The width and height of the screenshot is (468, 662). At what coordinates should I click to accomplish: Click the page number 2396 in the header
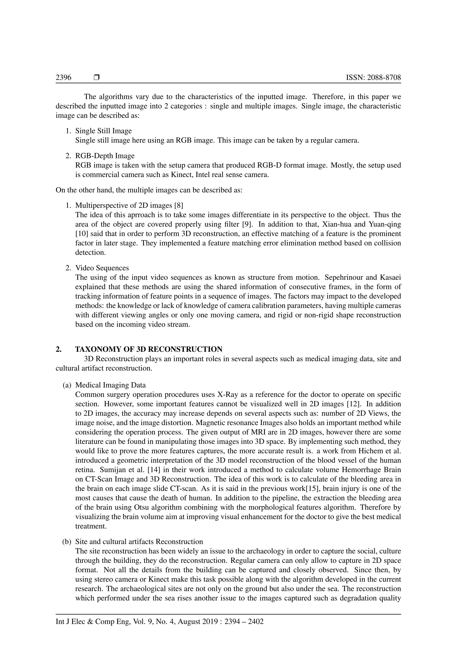(x=63, y=77)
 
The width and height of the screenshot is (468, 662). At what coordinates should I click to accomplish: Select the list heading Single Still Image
(x=104, y=131)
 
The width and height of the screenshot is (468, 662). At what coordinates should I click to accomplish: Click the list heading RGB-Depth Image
(x=105, y=156)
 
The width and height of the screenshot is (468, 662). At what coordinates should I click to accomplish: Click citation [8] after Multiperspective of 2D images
(x=179, y=205)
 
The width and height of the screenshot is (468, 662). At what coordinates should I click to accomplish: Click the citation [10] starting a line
(x=82, y=234)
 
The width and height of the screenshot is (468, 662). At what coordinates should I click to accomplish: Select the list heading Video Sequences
(x=102, y=268)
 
